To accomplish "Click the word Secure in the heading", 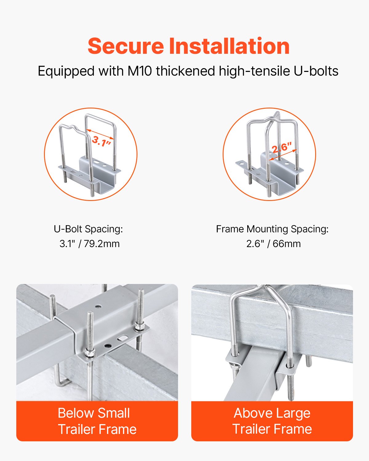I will (126, 46).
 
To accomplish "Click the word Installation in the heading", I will (229, 46).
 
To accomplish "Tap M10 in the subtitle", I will (140, 71).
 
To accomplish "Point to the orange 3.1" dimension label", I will (101, 141).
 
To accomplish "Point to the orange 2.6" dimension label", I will (281, 148).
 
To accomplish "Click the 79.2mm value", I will (102, 244).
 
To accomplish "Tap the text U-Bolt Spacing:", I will (88, 229).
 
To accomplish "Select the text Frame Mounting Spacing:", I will (272, 229).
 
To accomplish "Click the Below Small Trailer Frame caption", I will (97, 421).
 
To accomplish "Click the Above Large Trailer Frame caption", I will (272, 421).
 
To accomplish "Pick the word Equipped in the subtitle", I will (66, 71).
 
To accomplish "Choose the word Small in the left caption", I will (113, 413).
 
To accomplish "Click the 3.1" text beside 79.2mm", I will (68, 244).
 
